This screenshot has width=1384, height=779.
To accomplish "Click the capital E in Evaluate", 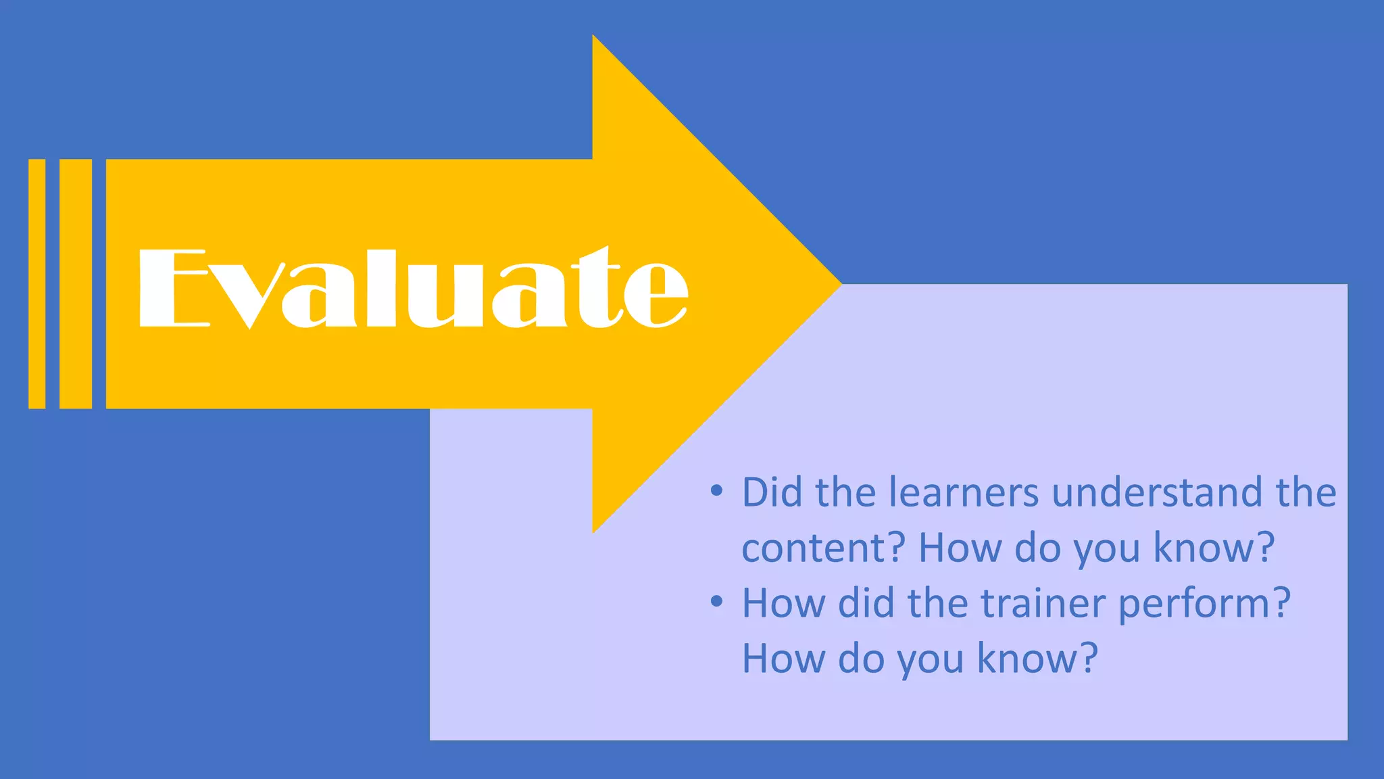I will pyautogui.click(x=173, y=289).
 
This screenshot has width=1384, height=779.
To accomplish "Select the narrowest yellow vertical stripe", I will pyautogui.click(x=37, y=284).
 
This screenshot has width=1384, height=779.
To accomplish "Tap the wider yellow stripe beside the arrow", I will pyautogui.click(x=76, y=284).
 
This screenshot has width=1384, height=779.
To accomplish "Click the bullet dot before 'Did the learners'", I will pyautogui.click(x=717, y=491).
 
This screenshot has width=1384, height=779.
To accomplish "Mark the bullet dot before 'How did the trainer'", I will pyautogui.click(x=717, y=601).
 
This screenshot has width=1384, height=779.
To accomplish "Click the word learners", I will pyautogui.click(x=963, y=492).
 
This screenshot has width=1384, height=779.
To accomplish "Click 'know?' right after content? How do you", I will pyautogui.click(x=1214, y=548).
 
